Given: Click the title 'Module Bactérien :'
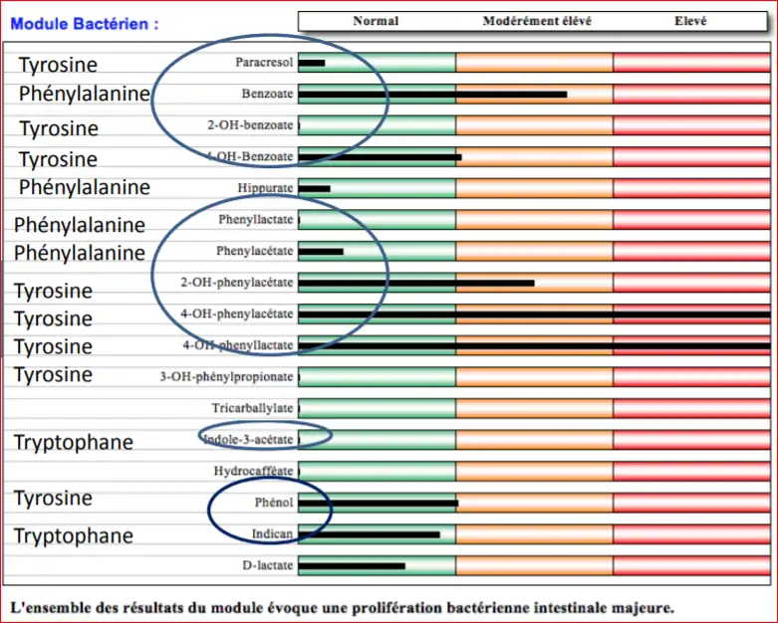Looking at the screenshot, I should pos(84,24).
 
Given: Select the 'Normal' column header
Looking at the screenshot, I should pos(376,21).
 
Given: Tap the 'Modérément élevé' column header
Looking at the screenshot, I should pos(535,21).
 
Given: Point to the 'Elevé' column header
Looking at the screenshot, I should pos(690,21).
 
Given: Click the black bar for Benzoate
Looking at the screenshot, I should pos(432,95).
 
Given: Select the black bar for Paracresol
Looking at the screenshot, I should pos(312,64).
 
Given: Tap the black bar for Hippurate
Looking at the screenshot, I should pos(314,188).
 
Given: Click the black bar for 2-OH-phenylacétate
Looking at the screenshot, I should pos(416,283).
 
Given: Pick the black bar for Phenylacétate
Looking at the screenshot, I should pos(321,251).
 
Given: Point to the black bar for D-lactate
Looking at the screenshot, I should pos(352,566).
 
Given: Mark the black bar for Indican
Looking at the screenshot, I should pos(369,534).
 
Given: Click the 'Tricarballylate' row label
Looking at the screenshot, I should pos(252,408).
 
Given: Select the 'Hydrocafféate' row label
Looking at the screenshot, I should pos(253,471).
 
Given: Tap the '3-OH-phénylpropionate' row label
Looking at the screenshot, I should pos(226,377).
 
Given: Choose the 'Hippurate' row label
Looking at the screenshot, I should pos(265,188).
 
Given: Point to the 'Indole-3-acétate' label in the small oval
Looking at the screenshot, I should pos(248,439).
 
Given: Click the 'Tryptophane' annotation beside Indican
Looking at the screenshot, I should pos(73,536).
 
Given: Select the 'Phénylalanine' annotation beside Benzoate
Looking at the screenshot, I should pos(84,95).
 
